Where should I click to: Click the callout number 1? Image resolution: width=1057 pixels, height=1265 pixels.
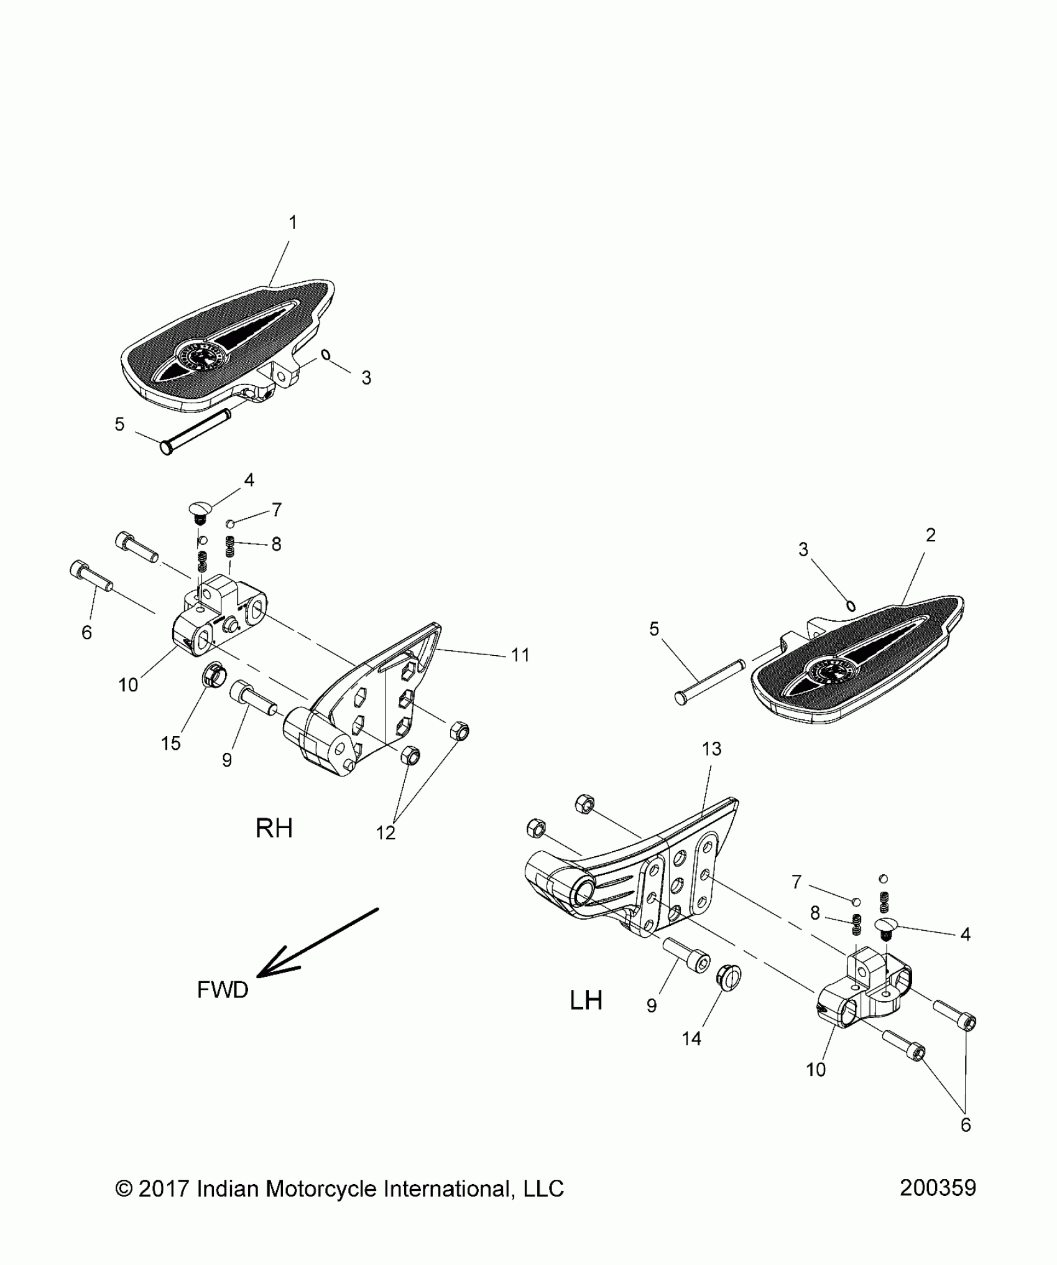point(293,222)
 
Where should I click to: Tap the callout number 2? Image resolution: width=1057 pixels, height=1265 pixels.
point(930,535)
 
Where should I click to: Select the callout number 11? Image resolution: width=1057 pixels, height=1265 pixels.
point(520,655)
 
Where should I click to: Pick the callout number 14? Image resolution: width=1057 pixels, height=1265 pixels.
point(691,1038)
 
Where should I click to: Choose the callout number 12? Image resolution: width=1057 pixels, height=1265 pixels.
point(385,833)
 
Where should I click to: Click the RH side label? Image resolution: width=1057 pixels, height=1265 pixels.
point(274,828)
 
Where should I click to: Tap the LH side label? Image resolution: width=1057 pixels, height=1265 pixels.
point(586,1001)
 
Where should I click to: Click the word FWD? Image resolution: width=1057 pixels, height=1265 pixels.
point(223,989)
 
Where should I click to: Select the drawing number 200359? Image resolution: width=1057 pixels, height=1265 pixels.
point(938,1188)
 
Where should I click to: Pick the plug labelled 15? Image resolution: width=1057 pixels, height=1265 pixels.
point(214,673)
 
